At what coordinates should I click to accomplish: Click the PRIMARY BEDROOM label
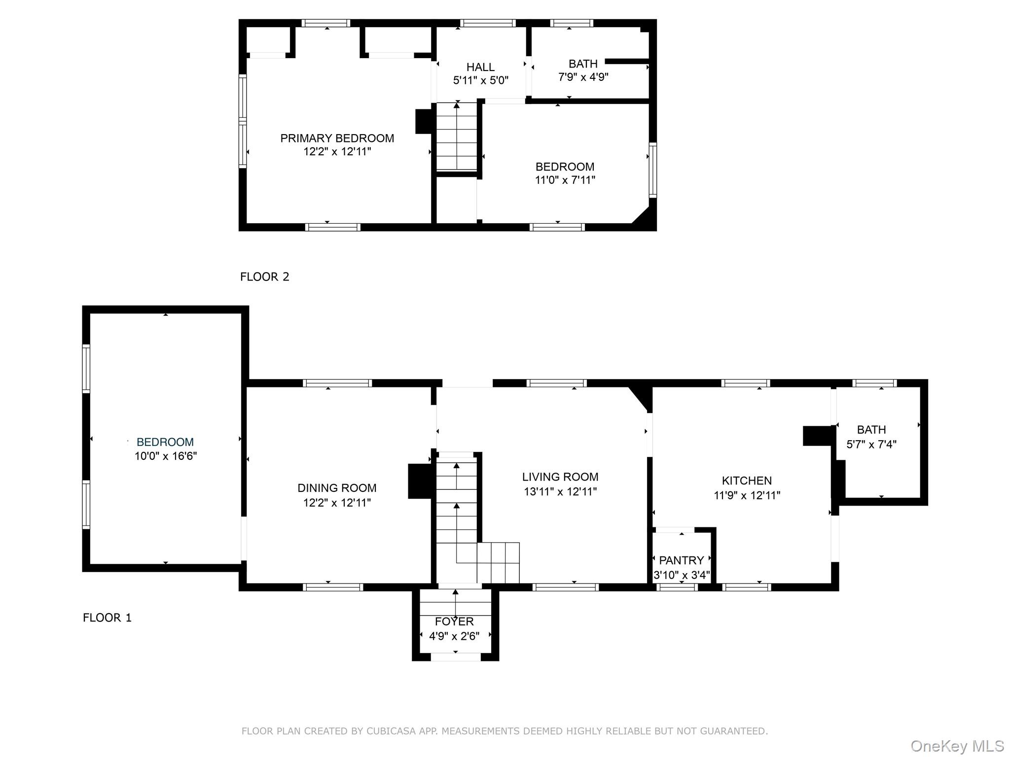tap(337, 138)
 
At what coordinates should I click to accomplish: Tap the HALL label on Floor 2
tap(480, 67)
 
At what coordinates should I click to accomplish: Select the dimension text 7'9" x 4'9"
tap(583, 77)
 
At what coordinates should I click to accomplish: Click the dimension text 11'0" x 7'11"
tap(565, 180)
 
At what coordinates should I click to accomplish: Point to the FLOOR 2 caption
tap(264, 277)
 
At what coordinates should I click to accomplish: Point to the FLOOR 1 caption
tap(107, 618)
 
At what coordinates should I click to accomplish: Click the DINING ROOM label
tap(337, 488)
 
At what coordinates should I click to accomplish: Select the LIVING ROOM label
tap(560, 477)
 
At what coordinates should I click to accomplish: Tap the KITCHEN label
tap(747, 481)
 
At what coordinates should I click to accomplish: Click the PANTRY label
tap(681, 560)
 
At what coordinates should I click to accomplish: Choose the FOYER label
tap(454, 621)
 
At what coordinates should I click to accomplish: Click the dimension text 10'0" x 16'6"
tap(165, 456)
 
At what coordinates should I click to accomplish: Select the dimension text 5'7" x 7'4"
tap(871, 445)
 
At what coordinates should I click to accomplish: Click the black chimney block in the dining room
tap(419, 481)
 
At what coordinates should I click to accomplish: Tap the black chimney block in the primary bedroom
tap(424, 121)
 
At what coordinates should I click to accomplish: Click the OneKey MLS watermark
tap(957, 746)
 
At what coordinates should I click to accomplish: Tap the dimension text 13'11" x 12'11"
tap(560, 492)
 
